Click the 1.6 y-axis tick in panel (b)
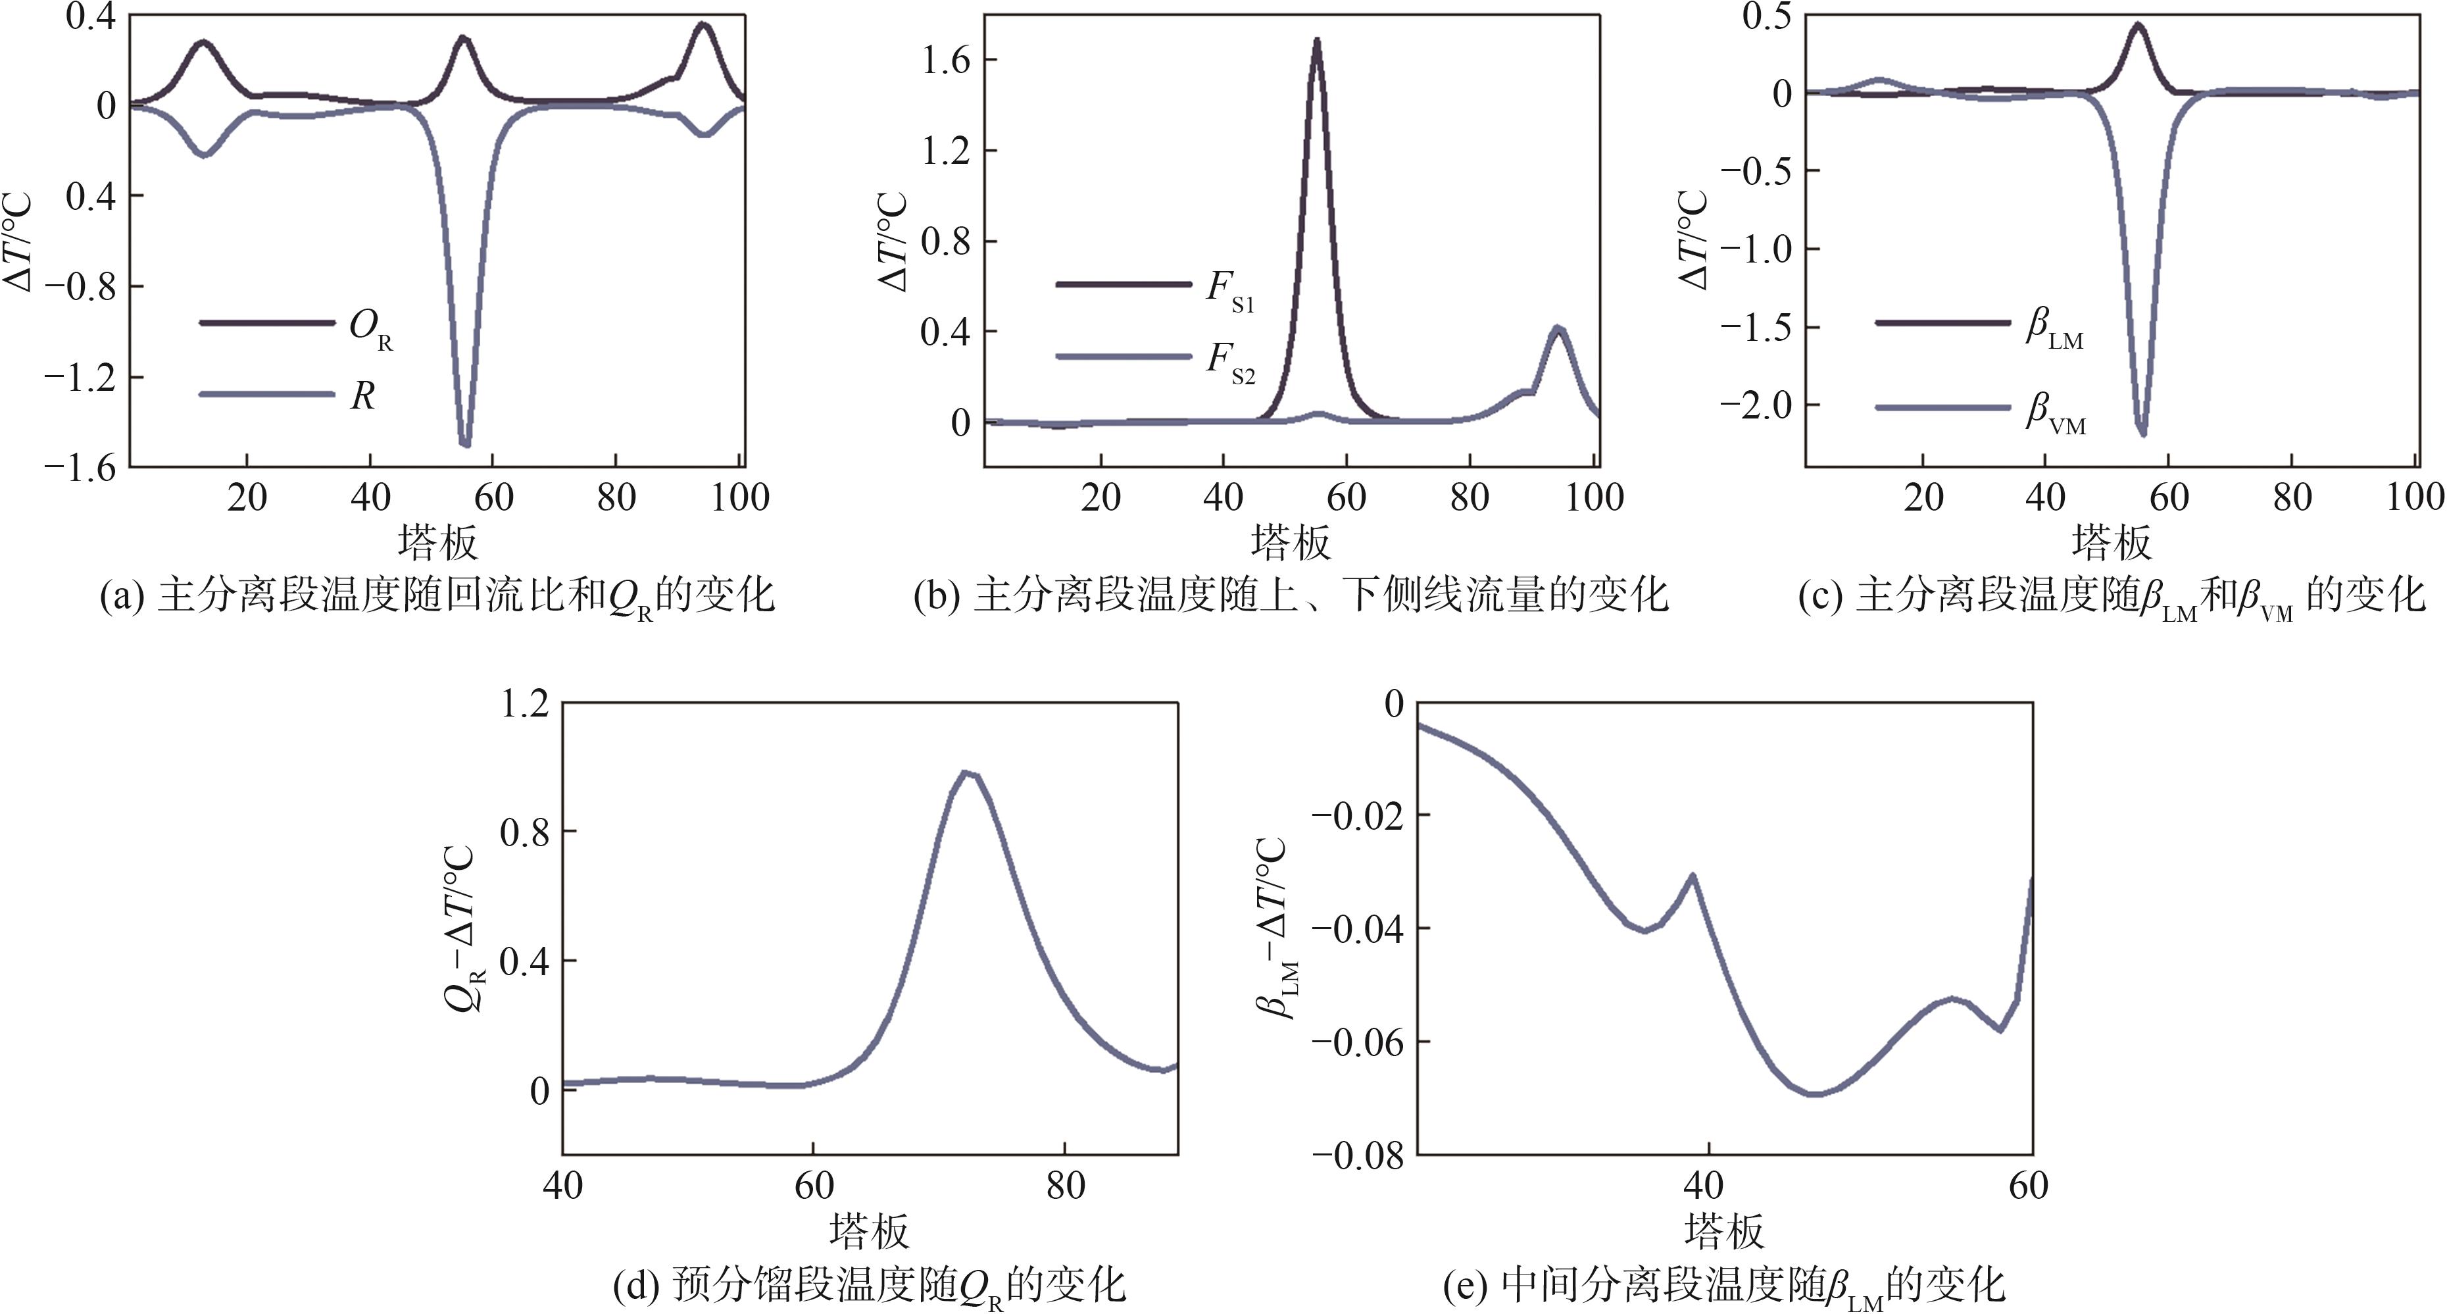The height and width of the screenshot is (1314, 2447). pyautogui.click(x=945, y=61)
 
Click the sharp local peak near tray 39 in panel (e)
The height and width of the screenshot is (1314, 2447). pyautogui.click(x=1693, y=875)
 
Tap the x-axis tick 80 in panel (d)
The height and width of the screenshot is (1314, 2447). pyautogui.click(x=1065, y=1186)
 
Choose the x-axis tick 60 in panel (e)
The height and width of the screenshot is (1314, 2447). pyautogui.click(x=2028, y=1186)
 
